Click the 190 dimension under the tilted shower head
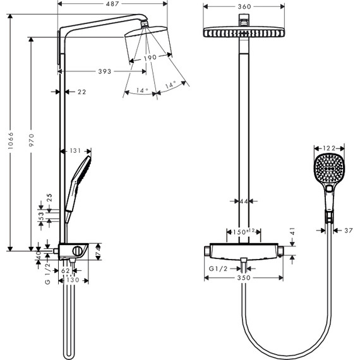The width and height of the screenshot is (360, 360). pyautogui.click(x=150, y=58)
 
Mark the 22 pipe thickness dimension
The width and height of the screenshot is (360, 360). pyautogui.click(x=81, y=92)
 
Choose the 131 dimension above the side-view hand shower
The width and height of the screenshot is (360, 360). pyautogui.click(x=75, y=151)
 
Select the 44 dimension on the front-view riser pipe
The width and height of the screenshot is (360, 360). pyautogui.click(x=244, y=201)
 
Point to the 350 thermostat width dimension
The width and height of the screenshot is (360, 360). pyautogui.click(x=243, y=277)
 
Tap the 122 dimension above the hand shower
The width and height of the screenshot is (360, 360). pyautogui.click(x=328, y=148)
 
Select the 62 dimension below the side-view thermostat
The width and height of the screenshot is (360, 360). pyautogui.click(x=66, y=270)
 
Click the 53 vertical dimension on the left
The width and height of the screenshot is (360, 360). pyautogui.click(x=42, y=216)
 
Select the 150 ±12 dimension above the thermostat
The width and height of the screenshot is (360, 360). pyautogui.click(x=244, y=232)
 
